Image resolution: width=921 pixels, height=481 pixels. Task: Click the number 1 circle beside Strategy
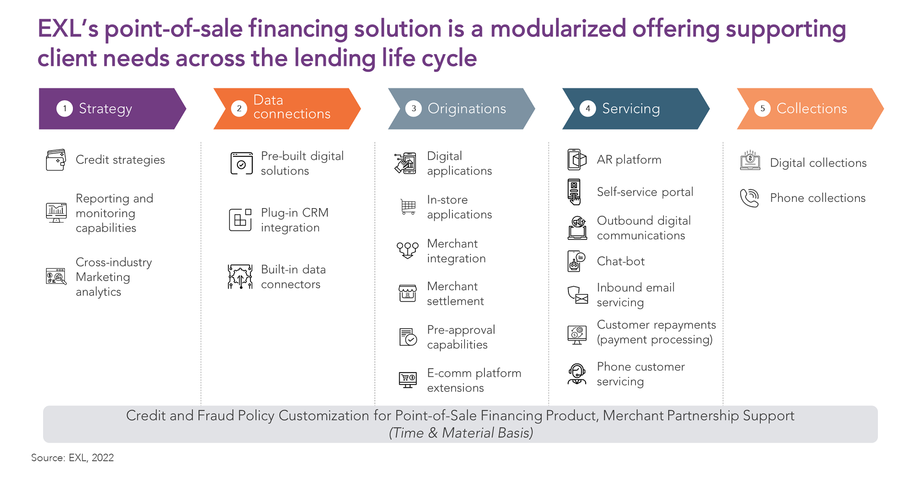pyautogui.click(x=65, y=108)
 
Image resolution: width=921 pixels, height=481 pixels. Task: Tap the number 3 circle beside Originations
pyautogui.click(x=413, y=108)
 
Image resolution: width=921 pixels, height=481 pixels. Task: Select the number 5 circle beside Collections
pyautogui.click(x=762, y=108)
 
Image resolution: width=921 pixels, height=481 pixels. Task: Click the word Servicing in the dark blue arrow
pyautogui.click(x=631, y=109)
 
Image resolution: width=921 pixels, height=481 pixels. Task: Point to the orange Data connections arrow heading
pyautogui.click(x=287, y=108)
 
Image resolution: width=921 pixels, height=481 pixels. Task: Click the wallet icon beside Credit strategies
pyautogui.click(x=56, y=160)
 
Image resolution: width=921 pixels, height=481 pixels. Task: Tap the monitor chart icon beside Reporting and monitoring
pyautogui.click(x=56, y=212)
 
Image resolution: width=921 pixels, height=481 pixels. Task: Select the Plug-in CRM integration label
pyautogui.click(x=295, y=220)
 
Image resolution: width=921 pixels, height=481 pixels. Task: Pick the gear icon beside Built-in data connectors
pyautogui.click(x=240, y=277)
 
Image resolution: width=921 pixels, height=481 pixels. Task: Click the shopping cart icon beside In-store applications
pyautogui.click(x=408, y=207)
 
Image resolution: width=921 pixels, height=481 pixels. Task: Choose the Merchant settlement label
pyautogui.click(x=455, y=293)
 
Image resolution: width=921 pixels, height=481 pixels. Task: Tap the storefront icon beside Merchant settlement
pyautogui.click(x=408, y=293)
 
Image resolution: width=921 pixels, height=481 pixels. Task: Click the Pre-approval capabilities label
pyautogui.click(x=461, y=337)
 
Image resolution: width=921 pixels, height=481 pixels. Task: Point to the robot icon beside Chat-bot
pyautogui.click(x=577, y=261)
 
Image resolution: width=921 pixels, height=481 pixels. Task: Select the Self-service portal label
pyautogui.click(x=645, y=192)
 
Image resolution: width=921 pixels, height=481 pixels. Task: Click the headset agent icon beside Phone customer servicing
pyautogui.click(x=577, y=374)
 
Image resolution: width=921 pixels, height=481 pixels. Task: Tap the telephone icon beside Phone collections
pyautogui.click(x=750, y=198)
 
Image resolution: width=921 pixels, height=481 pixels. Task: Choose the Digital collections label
pyautogui.click(x=818, y=163)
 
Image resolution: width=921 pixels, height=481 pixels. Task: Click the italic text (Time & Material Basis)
pyautogui.click(x=461, y=433)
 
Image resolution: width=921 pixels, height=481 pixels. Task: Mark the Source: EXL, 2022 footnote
pyautogui.click(x=72, y=458)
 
